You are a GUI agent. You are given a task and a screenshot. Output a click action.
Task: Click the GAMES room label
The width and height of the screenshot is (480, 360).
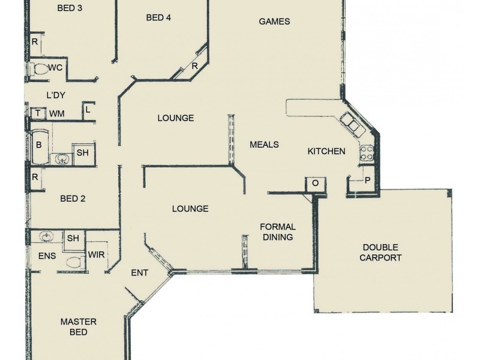pos(274,22)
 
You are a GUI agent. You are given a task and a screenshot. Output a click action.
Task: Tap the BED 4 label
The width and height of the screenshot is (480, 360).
pos(158,18)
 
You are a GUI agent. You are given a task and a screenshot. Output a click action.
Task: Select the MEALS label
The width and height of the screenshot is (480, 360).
pos(264,145)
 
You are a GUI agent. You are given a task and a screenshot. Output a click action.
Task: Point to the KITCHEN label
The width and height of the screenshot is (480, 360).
pos(326,151)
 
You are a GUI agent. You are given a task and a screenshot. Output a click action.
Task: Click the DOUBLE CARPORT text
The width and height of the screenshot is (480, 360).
pos(381,253)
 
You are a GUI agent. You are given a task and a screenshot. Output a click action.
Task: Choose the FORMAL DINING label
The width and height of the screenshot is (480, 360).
pos(277,232)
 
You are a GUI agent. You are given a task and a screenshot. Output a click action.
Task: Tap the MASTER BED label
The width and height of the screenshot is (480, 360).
pos(79,327)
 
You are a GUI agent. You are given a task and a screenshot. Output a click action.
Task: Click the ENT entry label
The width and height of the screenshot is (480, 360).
pos(139,273)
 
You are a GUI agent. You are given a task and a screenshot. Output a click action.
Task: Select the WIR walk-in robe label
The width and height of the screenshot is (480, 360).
pos(97,255)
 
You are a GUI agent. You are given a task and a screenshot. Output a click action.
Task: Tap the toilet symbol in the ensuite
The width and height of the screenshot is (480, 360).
pos(74,262)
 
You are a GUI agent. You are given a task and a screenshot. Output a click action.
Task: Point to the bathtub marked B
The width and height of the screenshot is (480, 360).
pos(39,146)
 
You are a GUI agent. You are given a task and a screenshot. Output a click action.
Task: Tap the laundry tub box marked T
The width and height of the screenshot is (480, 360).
pos(38,113)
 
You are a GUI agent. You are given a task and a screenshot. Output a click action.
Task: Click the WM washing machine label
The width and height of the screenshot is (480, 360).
pos(57,113)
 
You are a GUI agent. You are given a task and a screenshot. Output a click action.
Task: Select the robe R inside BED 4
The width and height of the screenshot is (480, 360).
pos(195,67)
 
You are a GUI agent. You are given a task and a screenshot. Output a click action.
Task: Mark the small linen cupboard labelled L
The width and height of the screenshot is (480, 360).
pos(88,110)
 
